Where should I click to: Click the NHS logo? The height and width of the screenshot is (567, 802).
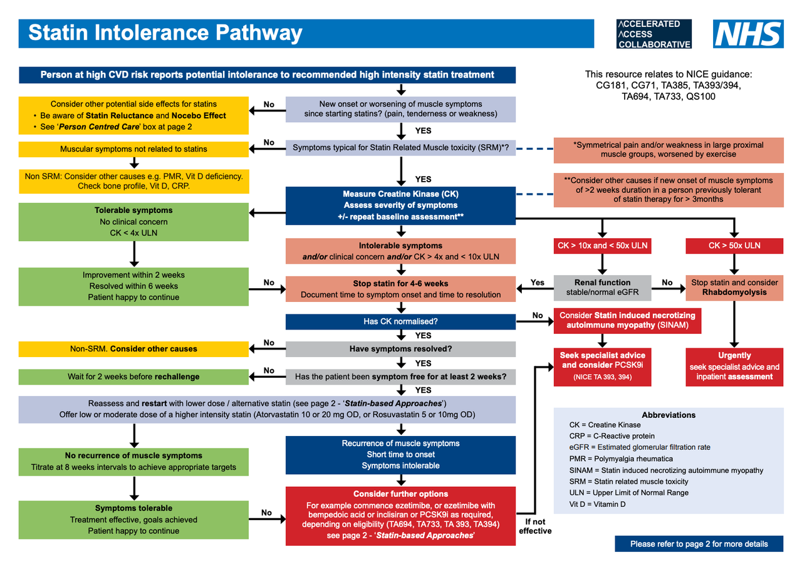pyautogui.click(x=748, y=34)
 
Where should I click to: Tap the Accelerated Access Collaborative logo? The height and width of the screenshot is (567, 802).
pyautogui.click(x=654, y=34)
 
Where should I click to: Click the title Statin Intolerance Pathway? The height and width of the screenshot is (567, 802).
pyautogui.click(x=166, y=33)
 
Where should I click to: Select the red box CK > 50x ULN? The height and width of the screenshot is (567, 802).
pyautogui.click(x=734, y=246)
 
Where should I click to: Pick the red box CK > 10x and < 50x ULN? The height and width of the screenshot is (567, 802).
pyautogui.click(x=601, y=246)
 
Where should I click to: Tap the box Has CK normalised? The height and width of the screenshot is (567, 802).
pyautogui.click(x=400, y=321)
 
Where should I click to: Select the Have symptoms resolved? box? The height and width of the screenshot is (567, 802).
pyautogui.click(x=400, y=348)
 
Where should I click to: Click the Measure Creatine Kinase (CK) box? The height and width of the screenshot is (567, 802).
pyautogui.click(x=400, y=205)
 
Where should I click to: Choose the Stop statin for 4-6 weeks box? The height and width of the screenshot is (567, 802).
pyautogui.click(x=400, y=288)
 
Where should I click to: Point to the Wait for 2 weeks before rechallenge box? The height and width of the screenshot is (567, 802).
pyautogui.click(x=133, y=377)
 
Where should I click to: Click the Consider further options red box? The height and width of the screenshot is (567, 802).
pyautogui.click(x=400, y=514)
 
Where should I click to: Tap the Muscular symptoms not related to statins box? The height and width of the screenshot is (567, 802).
pyautogui.click(x=133, y=149)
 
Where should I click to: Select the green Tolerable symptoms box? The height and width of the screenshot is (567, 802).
pyautogui.click(x=133, y=222)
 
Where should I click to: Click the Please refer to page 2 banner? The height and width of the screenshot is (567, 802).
pyautogui.click(x=699, y=543)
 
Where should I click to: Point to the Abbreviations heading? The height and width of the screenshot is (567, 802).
pyautogui.click(x=669, y=415)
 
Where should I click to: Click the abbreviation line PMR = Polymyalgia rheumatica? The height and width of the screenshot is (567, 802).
pyautogui.click(x=620, y=459)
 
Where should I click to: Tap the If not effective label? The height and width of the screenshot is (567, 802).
pyautogui.click(x=535, y=526)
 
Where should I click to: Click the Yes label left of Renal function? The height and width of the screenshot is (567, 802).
pyautogui.click(x=537, y=283)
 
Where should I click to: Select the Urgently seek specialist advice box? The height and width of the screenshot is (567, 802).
pyautogui.click(x=734, y=366)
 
